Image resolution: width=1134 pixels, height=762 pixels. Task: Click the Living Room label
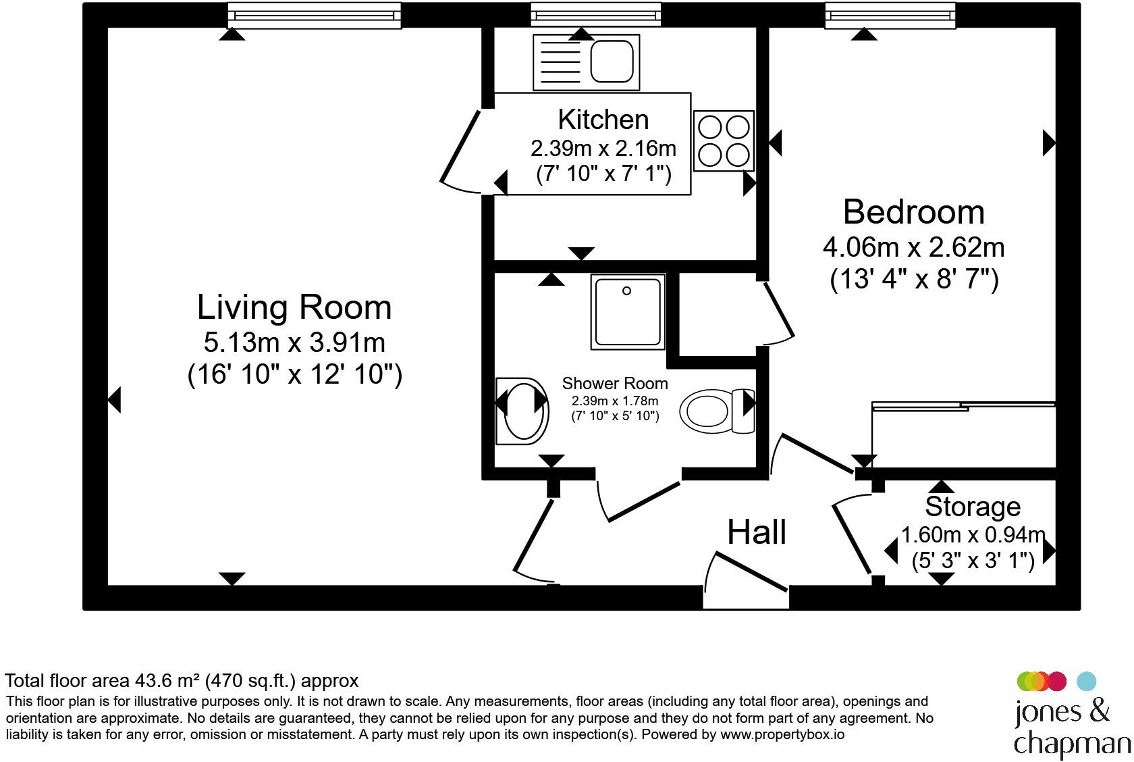click(x=294, y=307)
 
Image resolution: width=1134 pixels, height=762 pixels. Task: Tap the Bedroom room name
click(x=914, y=212)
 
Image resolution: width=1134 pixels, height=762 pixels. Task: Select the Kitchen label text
click(x=603, y=120)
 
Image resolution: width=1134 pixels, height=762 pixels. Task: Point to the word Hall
click(x=757, y=532)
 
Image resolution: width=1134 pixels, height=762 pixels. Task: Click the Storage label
click(x=973, y=507)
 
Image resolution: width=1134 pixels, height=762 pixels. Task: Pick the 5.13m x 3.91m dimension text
click(x=294, y=342)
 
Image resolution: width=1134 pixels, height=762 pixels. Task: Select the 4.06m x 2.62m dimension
click(x=913, y=247)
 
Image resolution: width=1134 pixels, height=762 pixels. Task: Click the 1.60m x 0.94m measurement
click(x=973, y=535)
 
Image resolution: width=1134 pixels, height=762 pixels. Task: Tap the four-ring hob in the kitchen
click(x=724, y=141)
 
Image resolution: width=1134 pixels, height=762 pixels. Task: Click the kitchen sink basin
click(x=612, y=62)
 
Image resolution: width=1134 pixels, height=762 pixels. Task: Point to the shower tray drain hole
click(x=626, y=290)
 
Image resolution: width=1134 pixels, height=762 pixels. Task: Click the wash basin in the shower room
click(x=522, y=411)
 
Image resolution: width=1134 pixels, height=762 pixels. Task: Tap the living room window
click(x=315, y=15)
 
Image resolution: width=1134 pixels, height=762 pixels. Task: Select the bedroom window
click(x=890, y=15)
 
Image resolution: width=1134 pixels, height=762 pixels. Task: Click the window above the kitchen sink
click(x=596, y=14)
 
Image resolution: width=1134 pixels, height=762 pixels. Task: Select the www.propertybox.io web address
click(x=782, y=734)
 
